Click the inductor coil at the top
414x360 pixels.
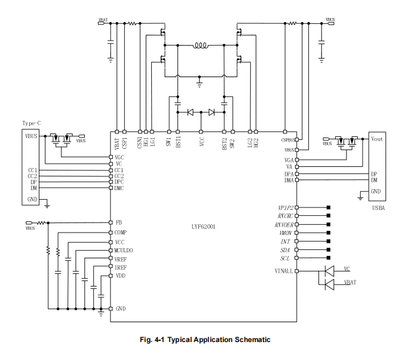pyautogui.click(x=200, y=45)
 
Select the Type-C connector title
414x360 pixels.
pyautogui.click(x=32, y=123)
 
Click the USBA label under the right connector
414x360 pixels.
pyautogui.click(x=377, y=208)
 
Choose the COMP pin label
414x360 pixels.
pyautogui.click(x=121, y=232)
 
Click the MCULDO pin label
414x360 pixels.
pyautogui.click(x=124, y=249)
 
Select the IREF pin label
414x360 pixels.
pyautogui.click(x=121, y=267)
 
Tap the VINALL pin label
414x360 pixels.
pyautogui.click(x=283, y=271)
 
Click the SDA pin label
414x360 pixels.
pyautogui.click(x=286, y=249)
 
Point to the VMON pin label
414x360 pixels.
pyautogui.click(x=285, y=232)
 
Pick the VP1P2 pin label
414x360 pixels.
pyautogui.click(x=283, y=208)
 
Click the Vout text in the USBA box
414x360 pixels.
pyautogui.click(x=377, y=139)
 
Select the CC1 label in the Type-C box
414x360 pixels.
pyautogui.click(x=32, y=170)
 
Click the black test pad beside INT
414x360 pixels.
pyautogui.click(x=329, y=241)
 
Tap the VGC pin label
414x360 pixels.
pyautogui.click(x=119, y=157)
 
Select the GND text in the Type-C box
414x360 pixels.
pyautogui.click(x=32, y=199)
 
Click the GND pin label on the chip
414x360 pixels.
pyautogui.click(x=120, y=309)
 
